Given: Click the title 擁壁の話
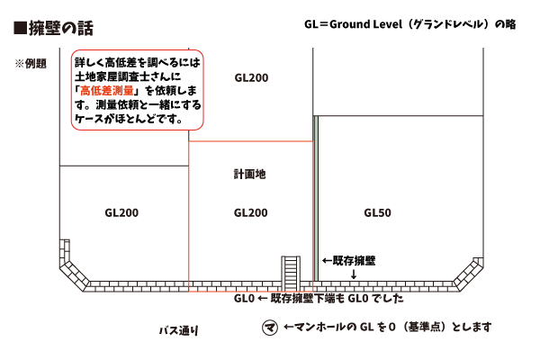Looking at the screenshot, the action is point(61,28).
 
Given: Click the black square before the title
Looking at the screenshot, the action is point(21,28).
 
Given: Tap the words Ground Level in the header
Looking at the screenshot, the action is point(366,24).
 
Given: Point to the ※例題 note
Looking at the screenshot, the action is point(31,64).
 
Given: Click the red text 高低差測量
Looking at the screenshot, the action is point(107,91).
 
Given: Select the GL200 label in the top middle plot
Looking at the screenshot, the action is point(251,78).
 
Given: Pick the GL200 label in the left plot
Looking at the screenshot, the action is point(121,213).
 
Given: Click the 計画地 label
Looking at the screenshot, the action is point(250,175).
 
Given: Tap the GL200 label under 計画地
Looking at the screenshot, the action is point(251,213).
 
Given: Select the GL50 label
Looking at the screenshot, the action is point(377,213).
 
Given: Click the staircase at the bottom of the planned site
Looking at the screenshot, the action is point(291,274).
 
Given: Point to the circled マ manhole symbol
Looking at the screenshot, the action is point(270,328).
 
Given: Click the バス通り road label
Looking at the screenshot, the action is point(179,330).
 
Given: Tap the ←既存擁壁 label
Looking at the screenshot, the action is point(348,261).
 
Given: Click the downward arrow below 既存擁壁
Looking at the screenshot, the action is point(354,274).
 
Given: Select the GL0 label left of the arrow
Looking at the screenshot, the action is point(244,298).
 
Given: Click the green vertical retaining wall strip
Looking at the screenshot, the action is point(316,198).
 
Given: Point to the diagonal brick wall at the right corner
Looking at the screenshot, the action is point(468,274).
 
